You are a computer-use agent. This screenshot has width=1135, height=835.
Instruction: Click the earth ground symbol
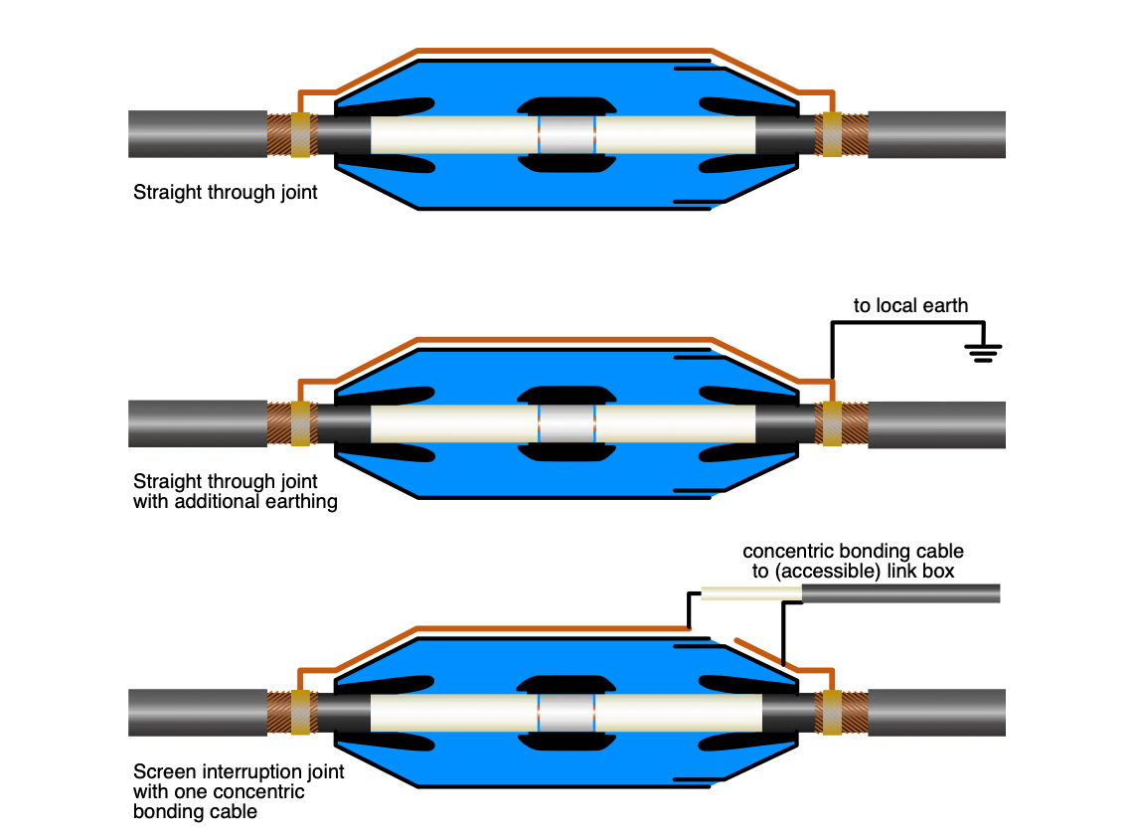pyautogui.click(x=983, y=351)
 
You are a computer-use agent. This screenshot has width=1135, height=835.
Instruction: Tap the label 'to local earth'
pyautogui.click(x=910, y=305)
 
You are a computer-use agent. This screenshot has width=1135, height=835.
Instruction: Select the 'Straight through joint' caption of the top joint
pyautogui.click(x=226, y=192)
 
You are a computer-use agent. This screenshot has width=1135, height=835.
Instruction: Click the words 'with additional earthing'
pyautogui.click(x=236, y=502)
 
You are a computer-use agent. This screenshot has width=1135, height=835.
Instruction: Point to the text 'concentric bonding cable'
pyautogui.click(x=853, y=551)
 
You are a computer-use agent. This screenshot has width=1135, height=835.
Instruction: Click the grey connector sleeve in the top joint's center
pyautogui.click(x=567, y=134)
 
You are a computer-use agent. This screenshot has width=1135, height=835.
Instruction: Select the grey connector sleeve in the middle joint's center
pyautogui.click(x=567, y=424)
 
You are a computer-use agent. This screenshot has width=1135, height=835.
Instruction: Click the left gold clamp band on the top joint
pyautogui.click(x=300, y=134)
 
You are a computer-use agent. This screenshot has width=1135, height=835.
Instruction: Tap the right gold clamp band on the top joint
pyautogui.click(x=829, y=134)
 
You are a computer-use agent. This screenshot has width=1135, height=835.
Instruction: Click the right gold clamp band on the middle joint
pyautogui.click(x=829, y=424)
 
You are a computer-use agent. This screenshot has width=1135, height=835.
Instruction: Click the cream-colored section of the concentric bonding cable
pyautogui.click(x=750, y=593)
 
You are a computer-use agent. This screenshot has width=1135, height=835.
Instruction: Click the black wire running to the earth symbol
pyautogui.click(x=904, y=323)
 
